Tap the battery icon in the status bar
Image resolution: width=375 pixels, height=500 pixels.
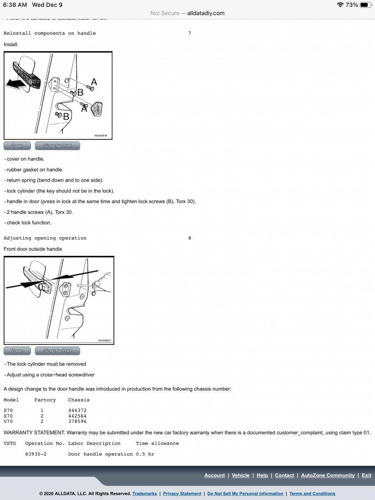tap(365, 5)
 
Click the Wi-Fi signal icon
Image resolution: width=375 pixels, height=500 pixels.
tap(340, 5)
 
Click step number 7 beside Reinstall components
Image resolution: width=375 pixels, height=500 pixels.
tap(190, 33)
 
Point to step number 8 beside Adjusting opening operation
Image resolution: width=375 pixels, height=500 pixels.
tap(190, 238)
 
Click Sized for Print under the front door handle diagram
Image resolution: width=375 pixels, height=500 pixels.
tap(57, 351)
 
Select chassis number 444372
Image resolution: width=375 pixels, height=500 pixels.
tap(77, 410)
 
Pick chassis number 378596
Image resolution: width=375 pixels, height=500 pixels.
tap(77, 421)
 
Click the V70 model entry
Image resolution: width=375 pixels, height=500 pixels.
tap(8, 421)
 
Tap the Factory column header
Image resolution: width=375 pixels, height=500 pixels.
tap(45, 400)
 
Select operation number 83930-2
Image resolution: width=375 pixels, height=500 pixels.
tap(36, 454)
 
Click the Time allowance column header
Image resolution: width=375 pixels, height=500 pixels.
tap(157, 443)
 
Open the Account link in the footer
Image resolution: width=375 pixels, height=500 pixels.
tap(214, 475)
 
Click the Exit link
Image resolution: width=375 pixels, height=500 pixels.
tap(366, 475)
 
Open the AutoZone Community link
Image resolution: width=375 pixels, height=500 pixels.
tap(328, 475)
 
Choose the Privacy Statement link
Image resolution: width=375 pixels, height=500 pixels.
tap(182, 494)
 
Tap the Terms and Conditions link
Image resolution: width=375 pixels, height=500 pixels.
tap(312, 494)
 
